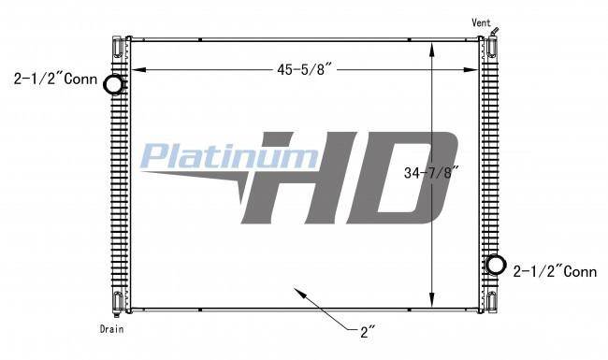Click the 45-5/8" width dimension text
click(304, 70)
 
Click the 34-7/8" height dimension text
click(431, 172)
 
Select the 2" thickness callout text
click(368, 332)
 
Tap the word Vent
click(481, 22)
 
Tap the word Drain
click(111, 329)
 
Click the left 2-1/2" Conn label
click(55, 79)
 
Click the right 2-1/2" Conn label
click(555, 272)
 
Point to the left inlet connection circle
click(114, 84)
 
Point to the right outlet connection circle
click(496, 265)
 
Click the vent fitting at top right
click(495, 32)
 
